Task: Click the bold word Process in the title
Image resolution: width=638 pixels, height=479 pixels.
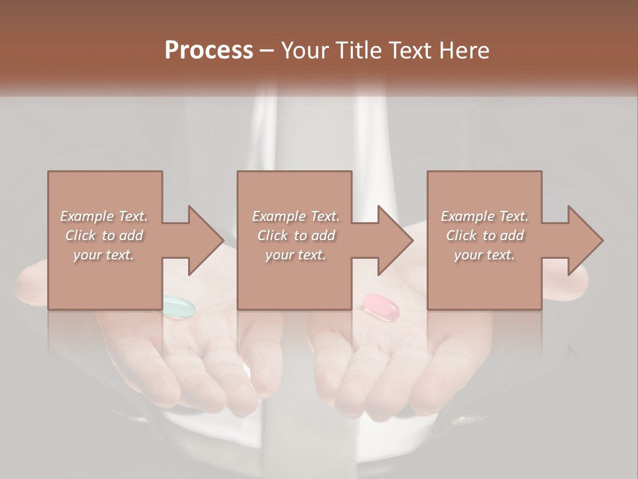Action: pos(209,51)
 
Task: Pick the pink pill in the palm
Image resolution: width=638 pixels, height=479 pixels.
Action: pos(380,305)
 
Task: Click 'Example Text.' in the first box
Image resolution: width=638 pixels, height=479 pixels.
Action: pos(104,216)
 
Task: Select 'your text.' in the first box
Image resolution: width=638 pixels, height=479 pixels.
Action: pos(104,255)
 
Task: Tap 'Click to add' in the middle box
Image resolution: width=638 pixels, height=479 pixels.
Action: pos(296,236)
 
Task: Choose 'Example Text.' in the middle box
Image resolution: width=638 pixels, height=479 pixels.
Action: pos(296,216)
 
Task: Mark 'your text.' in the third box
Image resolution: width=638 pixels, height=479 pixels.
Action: pos(484,255)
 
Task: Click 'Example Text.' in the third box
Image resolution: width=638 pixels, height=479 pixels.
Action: pos(484,216)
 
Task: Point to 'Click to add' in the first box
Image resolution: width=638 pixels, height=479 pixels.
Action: pos(104,236)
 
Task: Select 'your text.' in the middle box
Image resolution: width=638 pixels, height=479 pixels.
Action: pos(295,255)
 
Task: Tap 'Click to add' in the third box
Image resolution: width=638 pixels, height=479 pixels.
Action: pos(484,236)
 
